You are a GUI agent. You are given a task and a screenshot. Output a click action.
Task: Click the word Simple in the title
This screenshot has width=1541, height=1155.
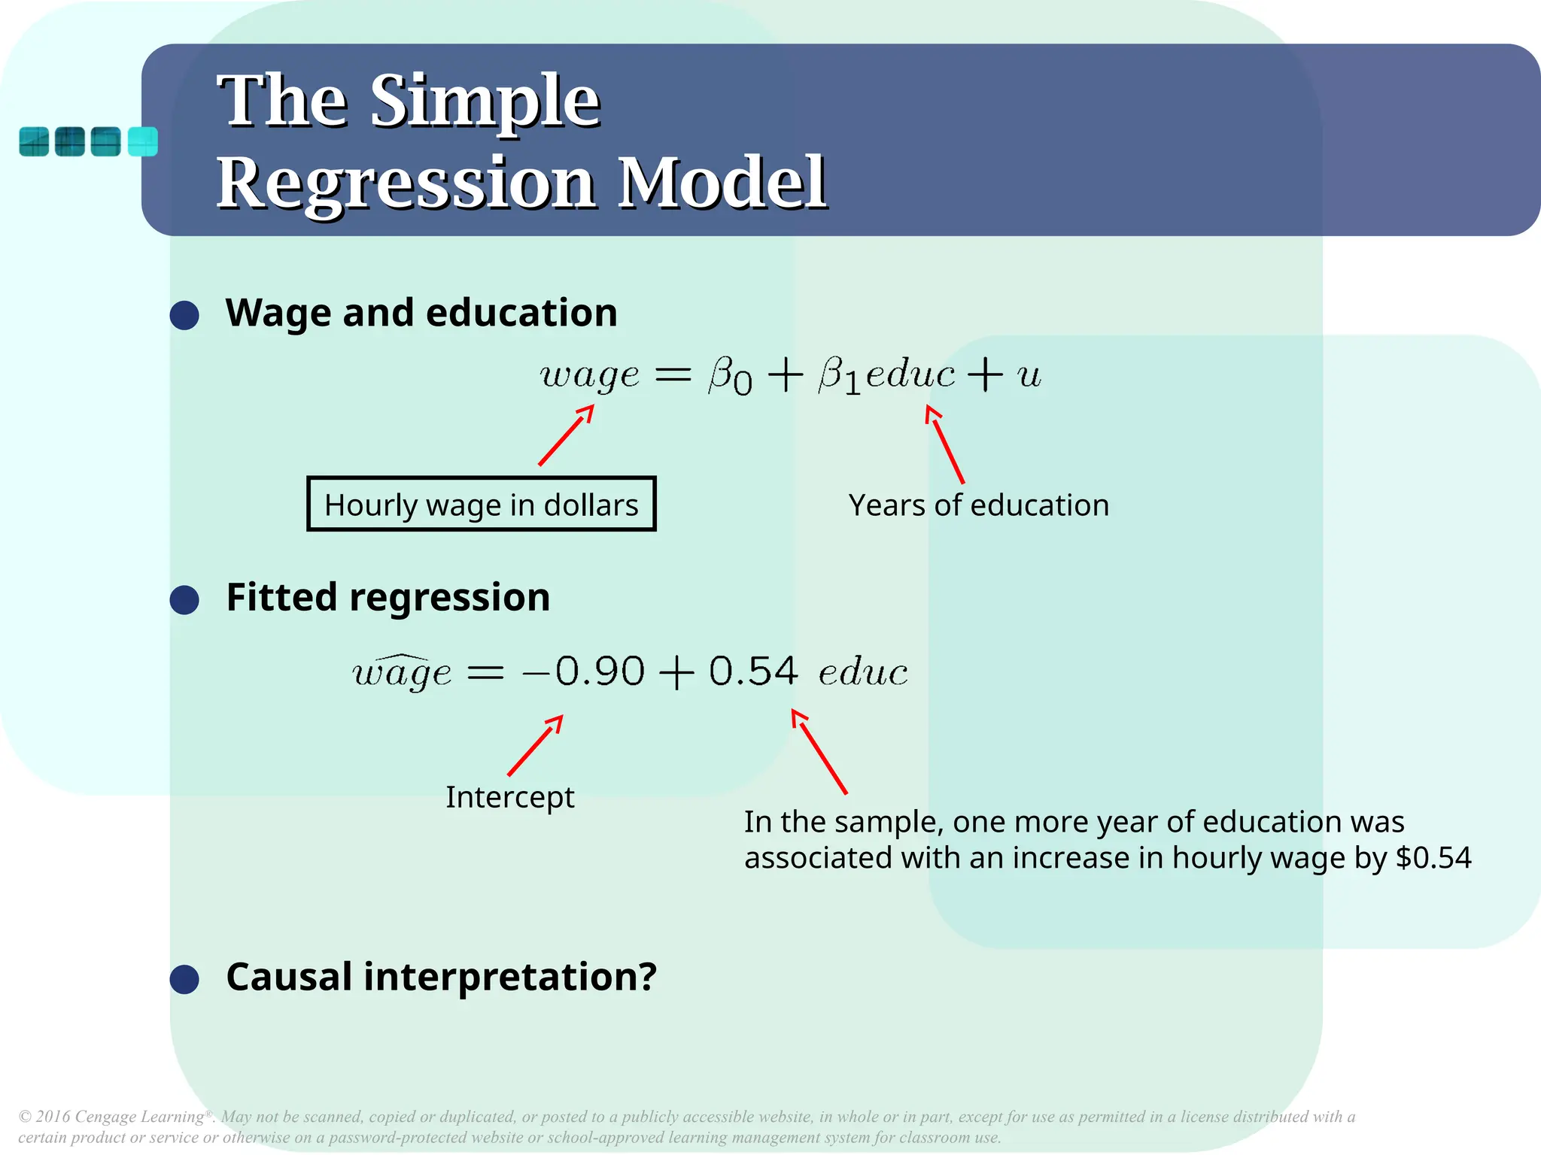click(485, 102)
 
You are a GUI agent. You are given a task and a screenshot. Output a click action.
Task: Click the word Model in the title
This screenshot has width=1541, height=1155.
click(722, 183)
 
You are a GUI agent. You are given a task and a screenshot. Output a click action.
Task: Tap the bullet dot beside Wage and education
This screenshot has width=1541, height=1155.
click(184, 315)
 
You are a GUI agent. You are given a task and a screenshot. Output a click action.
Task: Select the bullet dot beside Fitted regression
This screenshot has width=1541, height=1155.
click(184, 600)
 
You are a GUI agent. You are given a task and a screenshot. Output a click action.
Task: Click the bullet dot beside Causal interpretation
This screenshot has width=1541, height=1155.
click(184, 980)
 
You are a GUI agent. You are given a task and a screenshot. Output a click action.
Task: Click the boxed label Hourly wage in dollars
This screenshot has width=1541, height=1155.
click(482, 505)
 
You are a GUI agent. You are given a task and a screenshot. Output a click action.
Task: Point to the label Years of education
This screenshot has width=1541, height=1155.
click(978, 505)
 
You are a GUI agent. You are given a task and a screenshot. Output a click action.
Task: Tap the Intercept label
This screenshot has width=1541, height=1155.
click(509, 797)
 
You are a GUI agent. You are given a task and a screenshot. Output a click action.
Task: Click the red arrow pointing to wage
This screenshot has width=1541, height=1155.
click(567, 435)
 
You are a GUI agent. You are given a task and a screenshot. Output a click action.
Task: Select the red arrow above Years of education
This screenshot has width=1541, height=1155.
click(944, 444)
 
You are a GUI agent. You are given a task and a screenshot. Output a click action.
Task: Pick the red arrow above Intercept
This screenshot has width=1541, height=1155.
click(535, 745)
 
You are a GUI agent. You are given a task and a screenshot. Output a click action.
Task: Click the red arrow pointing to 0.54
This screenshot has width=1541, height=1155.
click(819, 751)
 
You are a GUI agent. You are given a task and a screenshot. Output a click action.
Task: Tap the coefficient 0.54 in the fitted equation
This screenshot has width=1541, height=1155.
click(753, 671)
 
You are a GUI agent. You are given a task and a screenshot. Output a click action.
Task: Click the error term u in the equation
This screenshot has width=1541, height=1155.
click(1029, 375)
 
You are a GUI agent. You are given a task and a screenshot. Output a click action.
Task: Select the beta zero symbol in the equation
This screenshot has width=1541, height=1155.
click(729, 375)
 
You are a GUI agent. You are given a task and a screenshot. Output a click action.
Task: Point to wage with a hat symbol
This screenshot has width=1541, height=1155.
click(403, 671)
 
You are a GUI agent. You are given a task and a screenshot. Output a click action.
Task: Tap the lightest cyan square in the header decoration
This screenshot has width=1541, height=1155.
click(143, 141)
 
